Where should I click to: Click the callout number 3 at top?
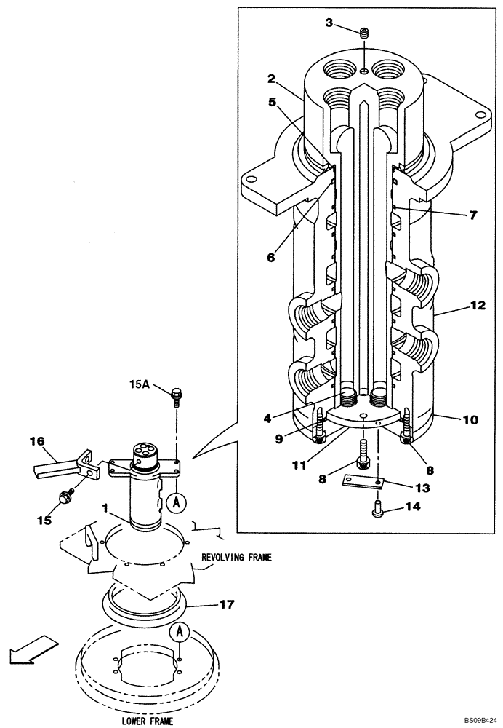tap(329, 23)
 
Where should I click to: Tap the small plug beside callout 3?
tap(365, 33)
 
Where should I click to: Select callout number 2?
tap(270, 79)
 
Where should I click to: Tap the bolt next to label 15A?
tap(177, 397)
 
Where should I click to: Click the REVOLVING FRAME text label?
tap(236, 557)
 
